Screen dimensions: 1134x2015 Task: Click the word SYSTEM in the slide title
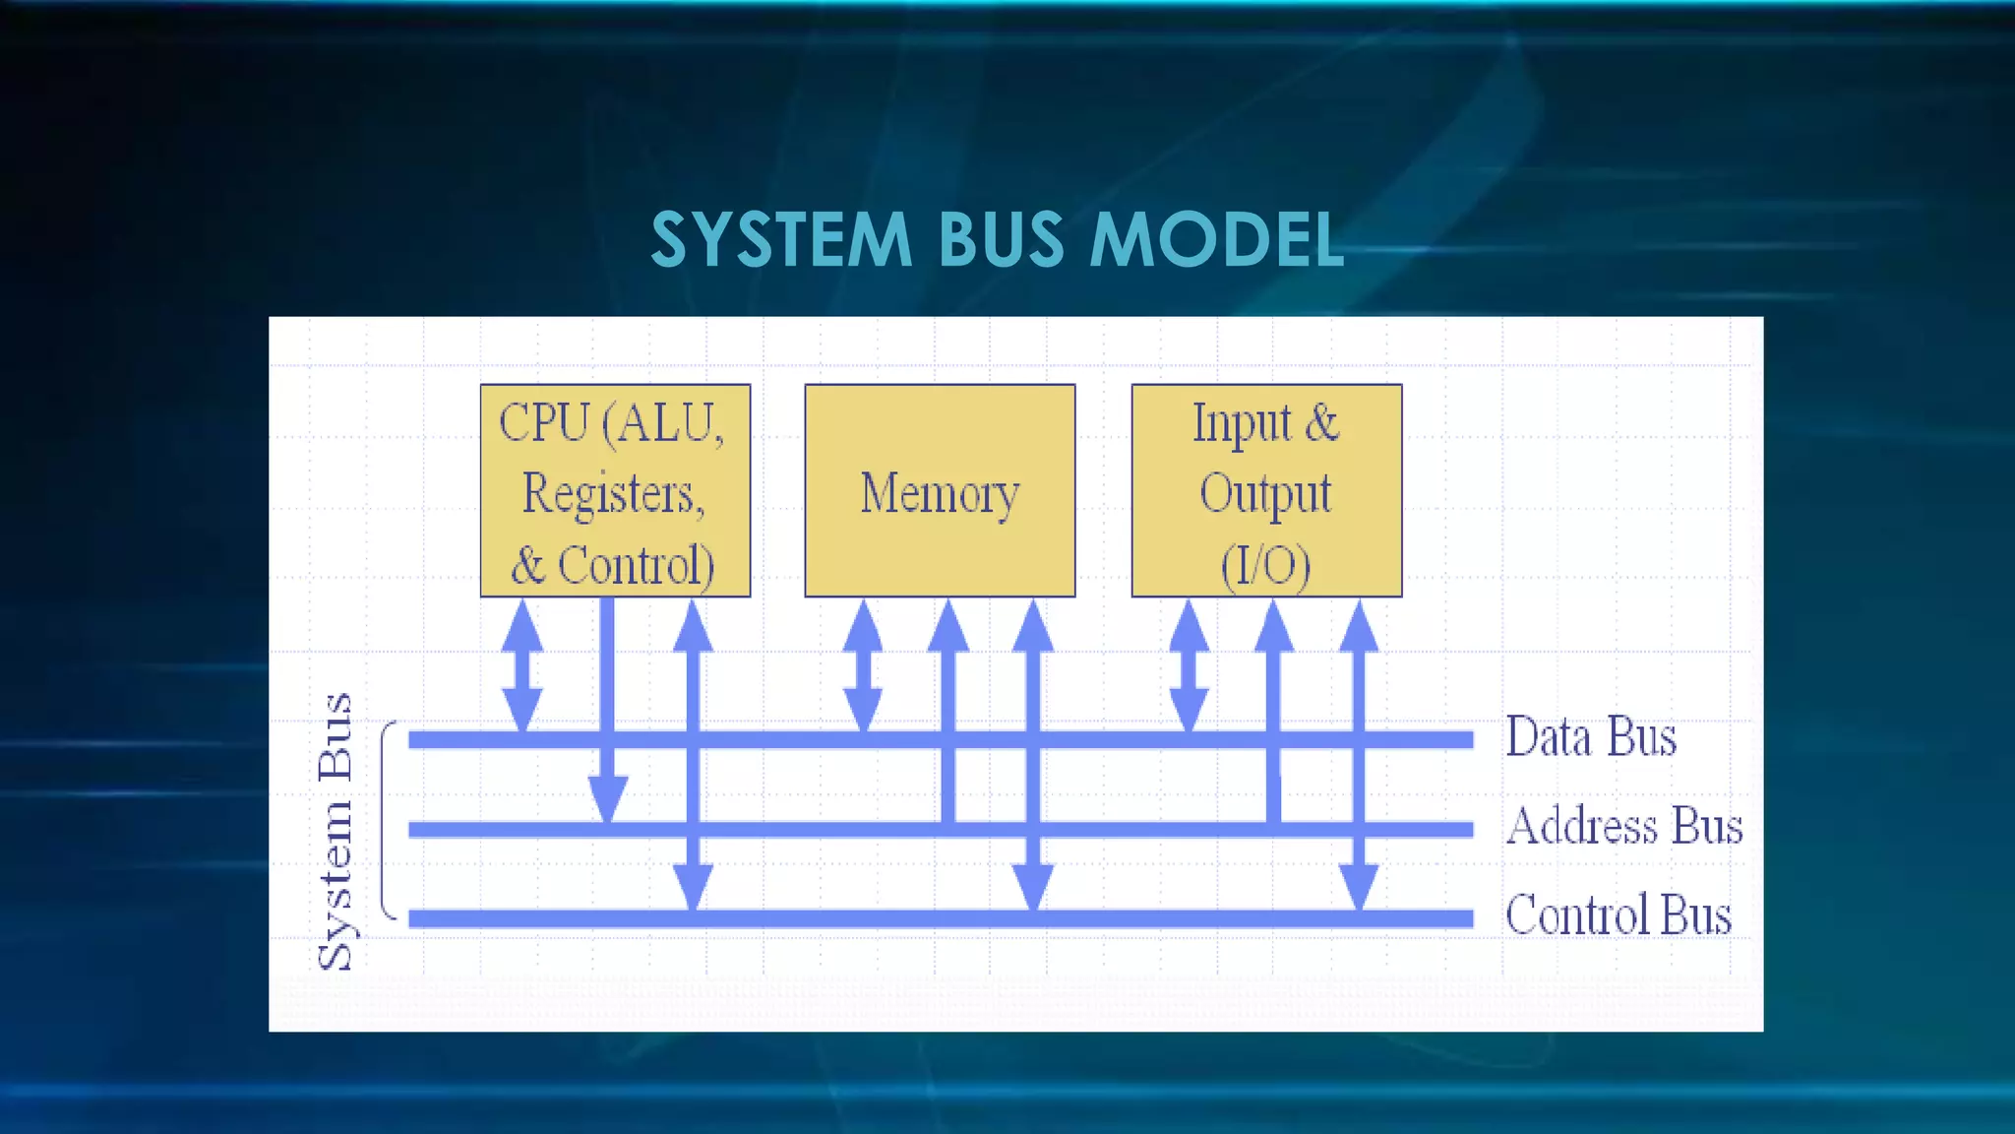tap(781, 240)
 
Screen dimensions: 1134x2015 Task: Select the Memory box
tap(940, 491)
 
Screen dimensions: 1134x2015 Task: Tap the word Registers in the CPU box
tap(612, 493)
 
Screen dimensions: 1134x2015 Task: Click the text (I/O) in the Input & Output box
tap(1265, 566)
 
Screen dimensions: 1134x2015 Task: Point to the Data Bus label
tap(1591, 737)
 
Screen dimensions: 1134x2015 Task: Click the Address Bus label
tap(1624, 826)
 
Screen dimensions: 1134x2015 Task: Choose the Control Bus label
tap(1618, 914)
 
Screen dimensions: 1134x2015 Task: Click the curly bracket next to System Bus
tap(389, 820)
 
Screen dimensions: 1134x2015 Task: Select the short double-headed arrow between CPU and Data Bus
tap(522, 665)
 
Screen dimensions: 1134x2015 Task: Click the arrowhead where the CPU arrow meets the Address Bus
tap(608, 798)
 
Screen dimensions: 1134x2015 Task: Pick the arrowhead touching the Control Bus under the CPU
tap(693, 886)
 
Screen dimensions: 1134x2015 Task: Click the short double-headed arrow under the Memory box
tap(863, 665)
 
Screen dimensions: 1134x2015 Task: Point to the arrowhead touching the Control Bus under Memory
tap(1033, 886)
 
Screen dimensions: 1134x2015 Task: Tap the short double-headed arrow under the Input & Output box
tap(1189, 665)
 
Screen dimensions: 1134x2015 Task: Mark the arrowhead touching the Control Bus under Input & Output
tap(1359, 886)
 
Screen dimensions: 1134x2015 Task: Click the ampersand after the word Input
tap(1321, 423)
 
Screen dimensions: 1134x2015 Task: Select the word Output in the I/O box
tap(1265, 493)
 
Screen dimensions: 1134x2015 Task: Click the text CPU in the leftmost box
tap(543, 423)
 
